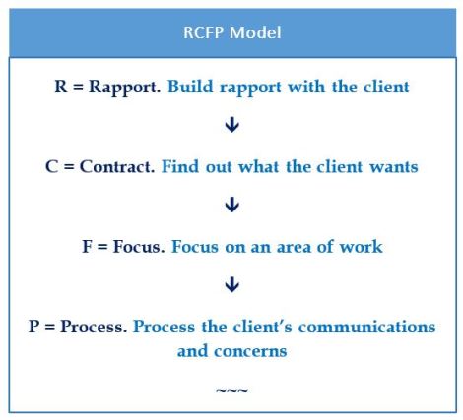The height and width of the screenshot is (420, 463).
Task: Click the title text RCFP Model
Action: (x=232, y=32)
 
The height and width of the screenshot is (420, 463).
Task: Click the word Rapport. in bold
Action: (x=126, y=87)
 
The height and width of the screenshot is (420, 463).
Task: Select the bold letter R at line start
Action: (x=60, y=87)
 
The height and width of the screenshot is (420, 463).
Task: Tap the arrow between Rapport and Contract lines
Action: (x=232, y=126)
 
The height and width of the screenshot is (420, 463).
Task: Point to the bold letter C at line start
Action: (x=51, y=166)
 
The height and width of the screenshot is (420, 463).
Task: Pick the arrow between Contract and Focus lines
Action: (x=232, y=206)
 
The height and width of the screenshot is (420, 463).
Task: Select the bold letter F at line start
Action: (x=87, y=246)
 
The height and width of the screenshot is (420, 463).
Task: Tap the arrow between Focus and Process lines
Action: (x=232, y=285)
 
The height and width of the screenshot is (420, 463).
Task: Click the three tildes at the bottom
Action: (x=232, y=390)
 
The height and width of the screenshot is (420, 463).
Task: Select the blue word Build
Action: (x=188, y=87)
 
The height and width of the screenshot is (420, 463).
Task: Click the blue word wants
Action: (x=387, y=166)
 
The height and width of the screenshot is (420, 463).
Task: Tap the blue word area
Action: (x=292, y=246)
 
